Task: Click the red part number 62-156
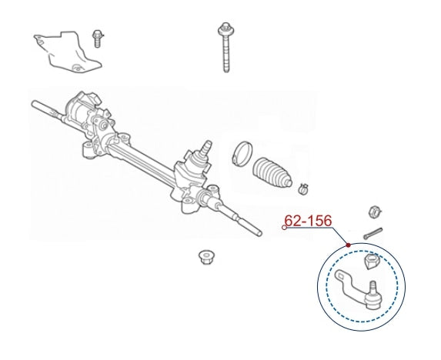pyautogui.click(x=309, y=221)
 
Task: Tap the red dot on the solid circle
pyautogui.click(x=349, y=245)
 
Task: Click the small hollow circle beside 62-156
pyautogui.click(x=284, y=228)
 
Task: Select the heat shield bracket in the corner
pyautogui.click(x=67, y=52)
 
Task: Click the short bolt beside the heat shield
pyautogui.click(x=97, y=38)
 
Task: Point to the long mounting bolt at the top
pyautogui.click(x=226, y=47)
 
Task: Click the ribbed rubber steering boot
pyautogui.click(x=272, y=172)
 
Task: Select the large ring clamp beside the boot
pyautogui.click(x=242, y=154)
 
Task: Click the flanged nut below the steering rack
pyautogui.click(x=205, y=257)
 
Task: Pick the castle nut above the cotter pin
pyautogui.click(x=375, y=212)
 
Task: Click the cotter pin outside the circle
pyautogui.click(x=373, y=233)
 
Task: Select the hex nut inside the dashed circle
pyautogui.click(x=372, y=261)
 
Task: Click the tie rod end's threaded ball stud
pyautogui.click(x=373, y=287)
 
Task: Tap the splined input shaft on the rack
pyautogui.click(x=206, y=147)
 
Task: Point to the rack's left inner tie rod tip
pyautogui.click(x=34, y=103)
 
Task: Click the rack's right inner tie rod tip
pyautogui.click(x=259, y=233)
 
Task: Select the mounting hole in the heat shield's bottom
pyautogui.click(x=75, y=68)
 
